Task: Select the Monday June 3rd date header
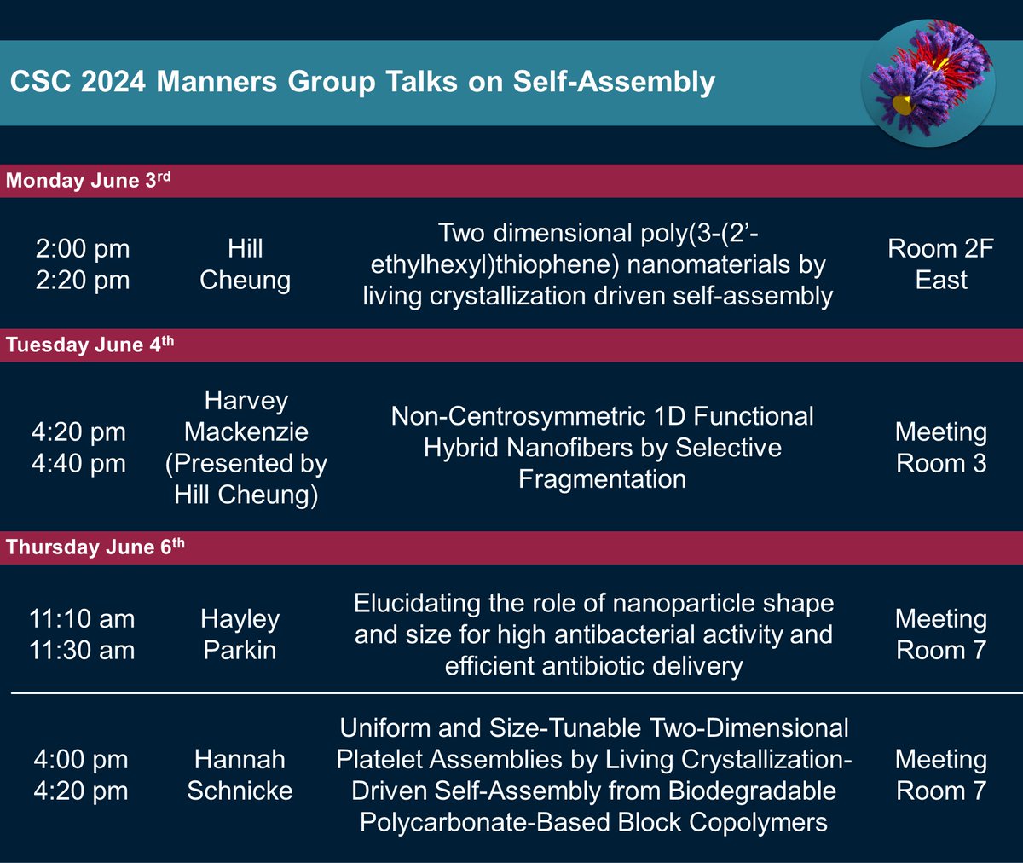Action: [89, 181]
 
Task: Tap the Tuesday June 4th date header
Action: [90, 345]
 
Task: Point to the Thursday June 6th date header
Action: [95, 547]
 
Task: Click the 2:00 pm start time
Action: [83, 249]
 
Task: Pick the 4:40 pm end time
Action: [78, 464]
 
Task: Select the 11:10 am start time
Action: [82, 619]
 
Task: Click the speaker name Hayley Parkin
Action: [240, 634]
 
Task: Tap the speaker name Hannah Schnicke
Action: [240, 774]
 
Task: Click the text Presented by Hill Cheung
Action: [246, 478]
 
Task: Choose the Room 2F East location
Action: [940, 264]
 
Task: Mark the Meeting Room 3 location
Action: [940, 448]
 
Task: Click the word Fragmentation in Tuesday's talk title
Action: [602, 479]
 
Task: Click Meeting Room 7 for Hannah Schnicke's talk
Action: [940, 774]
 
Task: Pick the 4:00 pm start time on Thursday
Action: [81, 759]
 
